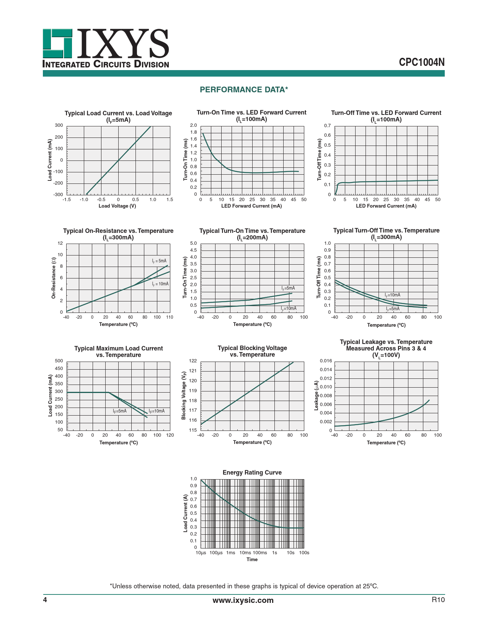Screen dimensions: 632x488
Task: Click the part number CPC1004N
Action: click(x=421, y=62)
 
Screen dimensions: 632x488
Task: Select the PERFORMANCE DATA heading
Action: click(x=244, y=90)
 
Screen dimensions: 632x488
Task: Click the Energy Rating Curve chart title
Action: click(x=252, y=473)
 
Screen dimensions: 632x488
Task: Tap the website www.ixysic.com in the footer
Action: click(x=243, y=600)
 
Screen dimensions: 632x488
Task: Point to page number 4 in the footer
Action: click(x=45, y=600)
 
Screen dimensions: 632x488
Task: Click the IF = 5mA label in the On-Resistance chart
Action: click(x=159, y=261)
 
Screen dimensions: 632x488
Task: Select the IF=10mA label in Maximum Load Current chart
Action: click(x=157, y=411)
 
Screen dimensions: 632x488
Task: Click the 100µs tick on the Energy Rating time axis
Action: click(x=216, y=553)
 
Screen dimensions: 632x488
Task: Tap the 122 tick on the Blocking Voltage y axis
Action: click(x=193, y=361)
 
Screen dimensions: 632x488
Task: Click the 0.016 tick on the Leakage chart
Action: click(x=326, y=361)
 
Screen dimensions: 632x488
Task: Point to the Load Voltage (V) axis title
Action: click(x=117, y=206)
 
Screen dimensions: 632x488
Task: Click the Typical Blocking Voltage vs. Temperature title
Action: click(x=252, y=351)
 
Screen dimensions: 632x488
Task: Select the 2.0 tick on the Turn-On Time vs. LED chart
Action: click(x=193, y=125)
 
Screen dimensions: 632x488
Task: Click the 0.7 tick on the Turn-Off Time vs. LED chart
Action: click(x=327, y=126)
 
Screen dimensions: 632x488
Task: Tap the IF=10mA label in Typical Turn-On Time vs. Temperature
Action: click(x=289, y=308)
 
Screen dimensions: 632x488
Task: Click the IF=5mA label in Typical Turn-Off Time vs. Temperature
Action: click(x=392, y=309)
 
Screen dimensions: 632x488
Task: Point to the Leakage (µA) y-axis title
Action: click(x=316, y=396)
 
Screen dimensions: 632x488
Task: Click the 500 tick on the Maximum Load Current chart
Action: click(x=59, y=361)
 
